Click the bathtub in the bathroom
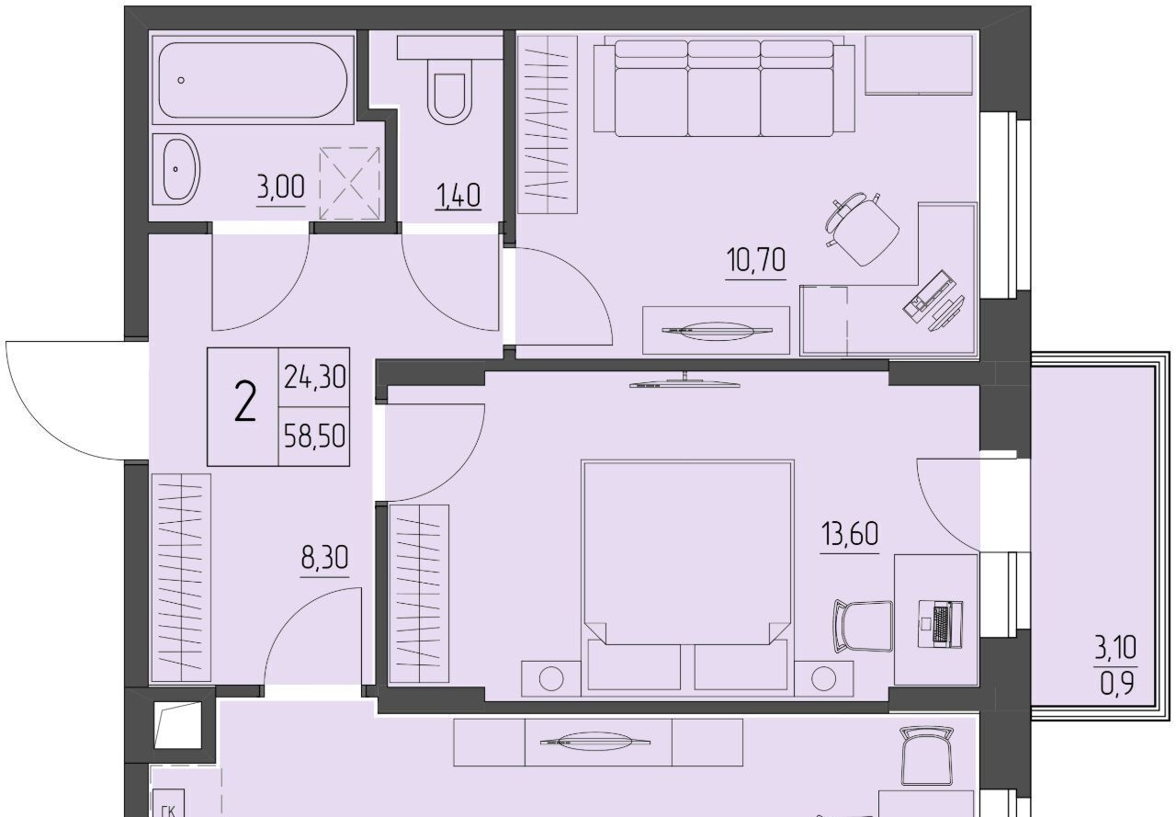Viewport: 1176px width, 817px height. pyautogui.click(x=253, y=80)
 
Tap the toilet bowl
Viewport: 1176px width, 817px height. pyautogui.click(x=450, y=91)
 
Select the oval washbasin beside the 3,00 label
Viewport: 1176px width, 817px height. pyautogui.click(x=177, y=168)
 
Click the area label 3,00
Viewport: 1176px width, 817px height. pyautogui.click(x=281, y=187)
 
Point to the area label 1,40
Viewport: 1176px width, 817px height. pyautogui.click(x=458, y=197)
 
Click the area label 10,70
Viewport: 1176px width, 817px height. pyautogui.click(x=756, y=260)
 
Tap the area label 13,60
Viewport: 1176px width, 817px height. pyautogui.click(x=850, y=533)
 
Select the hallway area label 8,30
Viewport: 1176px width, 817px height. pyautogui.click(x=324, y=558)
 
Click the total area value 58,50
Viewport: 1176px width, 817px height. pyautogui.click(x=314, y=436)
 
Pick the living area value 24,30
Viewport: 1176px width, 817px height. pyautogui.click(x=314, y=377)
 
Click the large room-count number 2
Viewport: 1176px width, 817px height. pyautogui.click(x=244, y=402)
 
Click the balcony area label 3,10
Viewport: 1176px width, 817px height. pyautogui.click(x=1115, y=647)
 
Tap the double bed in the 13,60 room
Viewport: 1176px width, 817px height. pyautogui.click(x=687, y=578)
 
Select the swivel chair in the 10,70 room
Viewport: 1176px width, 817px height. pyautogui.click(x=861, y=229)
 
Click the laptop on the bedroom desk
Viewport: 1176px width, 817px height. pyautogui.click(x=940, y=624)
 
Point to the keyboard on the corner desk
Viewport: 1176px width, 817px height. pyautogui.click(x=929, y=295)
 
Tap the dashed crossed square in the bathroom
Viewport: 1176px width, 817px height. pyautogui.click(x=350, y=183)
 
